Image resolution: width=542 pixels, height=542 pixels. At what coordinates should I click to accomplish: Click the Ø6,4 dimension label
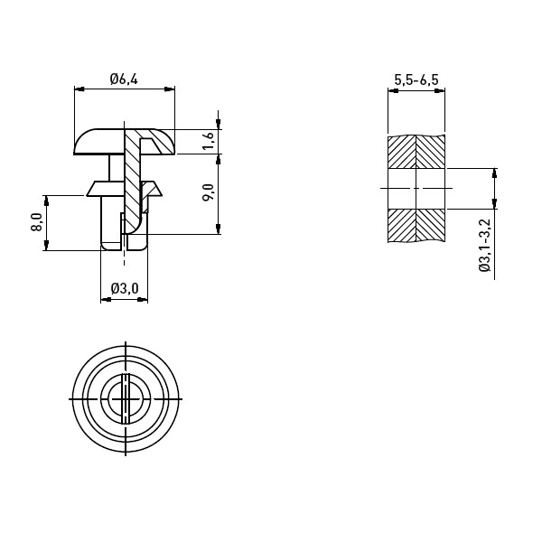pos(124,79)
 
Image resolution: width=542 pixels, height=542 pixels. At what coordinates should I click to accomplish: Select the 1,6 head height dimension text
pos(209,141)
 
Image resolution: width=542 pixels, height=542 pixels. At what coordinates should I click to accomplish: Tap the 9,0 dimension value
pos(209,192)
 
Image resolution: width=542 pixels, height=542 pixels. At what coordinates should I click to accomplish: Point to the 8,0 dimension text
pos(37,222)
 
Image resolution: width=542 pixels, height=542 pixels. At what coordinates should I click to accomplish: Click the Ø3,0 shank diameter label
pos(125,288)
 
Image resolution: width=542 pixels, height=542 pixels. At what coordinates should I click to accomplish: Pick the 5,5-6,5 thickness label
pos(416,79)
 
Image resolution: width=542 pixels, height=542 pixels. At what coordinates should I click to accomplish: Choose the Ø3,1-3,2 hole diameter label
pos(485,245)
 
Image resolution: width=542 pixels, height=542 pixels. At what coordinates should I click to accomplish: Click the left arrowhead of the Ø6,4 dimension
pos(79,89)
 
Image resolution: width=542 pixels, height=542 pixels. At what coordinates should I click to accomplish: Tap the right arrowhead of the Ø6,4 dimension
pos(170,89)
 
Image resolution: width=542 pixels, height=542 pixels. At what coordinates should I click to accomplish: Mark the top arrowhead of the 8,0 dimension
pos(46,201)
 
